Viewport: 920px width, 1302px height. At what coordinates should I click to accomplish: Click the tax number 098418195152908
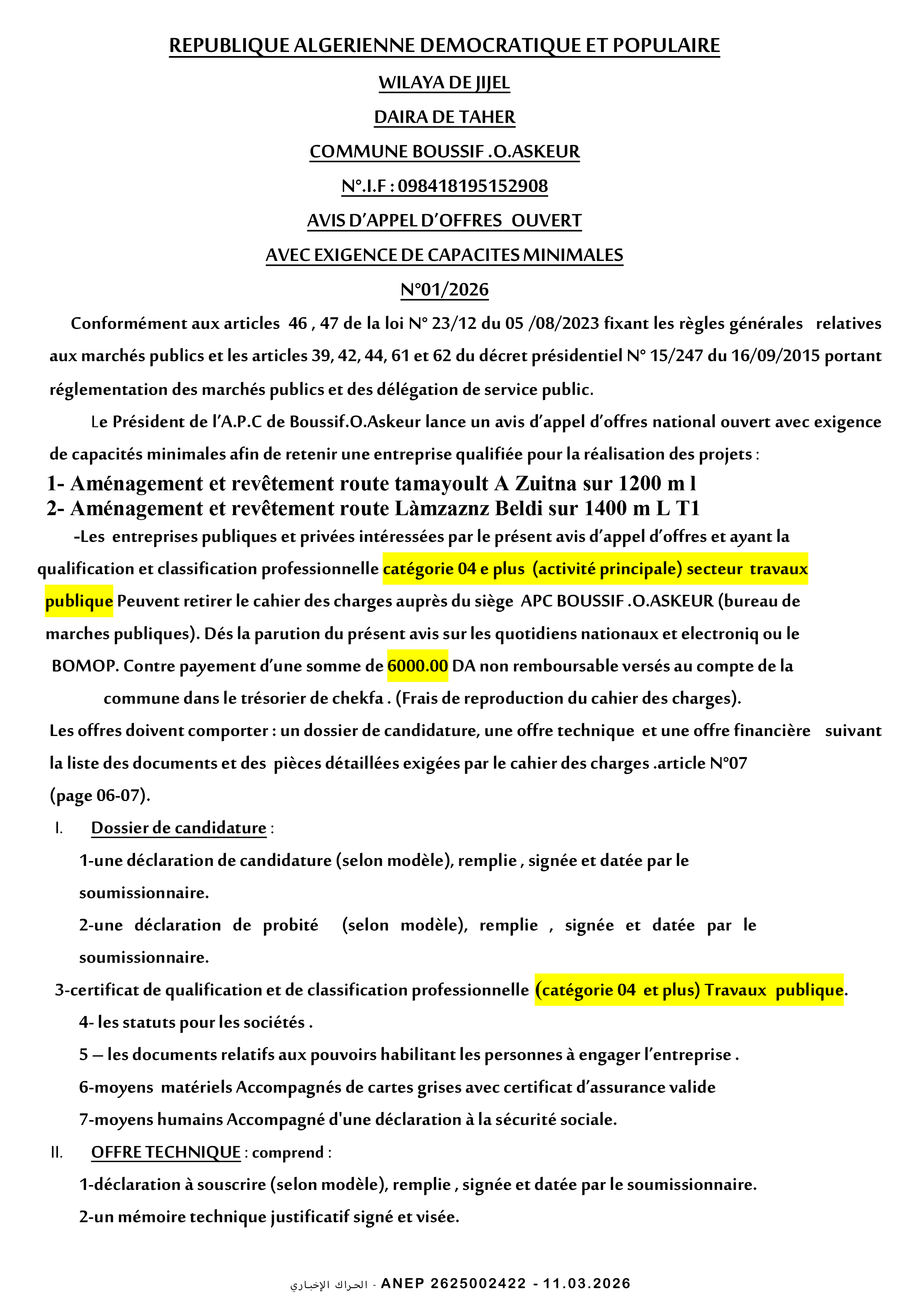coord(472,186)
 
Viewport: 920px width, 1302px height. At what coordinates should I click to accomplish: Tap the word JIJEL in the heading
coord(492,83)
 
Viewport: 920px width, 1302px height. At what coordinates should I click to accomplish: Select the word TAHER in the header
coord(487,117)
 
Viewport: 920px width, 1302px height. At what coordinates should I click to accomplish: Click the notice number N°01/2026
coord(444,290)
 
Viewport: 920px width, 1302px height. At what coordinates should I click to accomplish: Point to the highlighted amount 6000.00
coord(417,666)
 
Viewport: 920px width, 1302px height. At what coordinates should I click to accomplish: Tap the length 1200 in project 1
coord(640,484)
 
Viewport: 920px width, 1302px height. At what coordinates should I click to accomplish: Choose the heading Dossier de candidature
coord(178,828)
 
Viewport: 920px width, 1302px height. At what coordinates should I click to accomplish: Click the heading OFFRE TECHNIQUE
coord(166,1152)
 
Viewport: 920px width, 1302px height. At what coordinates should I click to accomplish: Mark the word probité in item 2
coord(290,925)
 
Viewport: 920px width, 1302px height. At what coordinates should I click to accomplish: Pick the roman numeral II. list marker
coord(57,1153)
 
